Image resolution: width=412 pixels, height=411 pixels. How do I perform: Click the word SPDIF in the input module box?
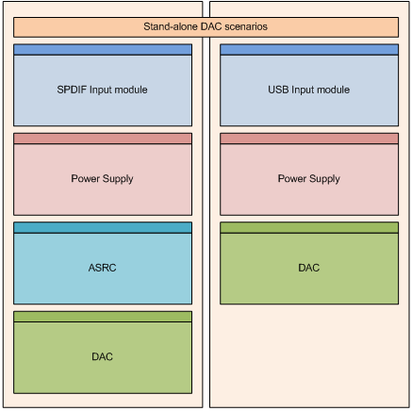tap(72, 90)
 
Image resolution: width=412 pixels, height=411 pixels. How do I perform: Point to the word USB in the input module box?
tap(278, 90)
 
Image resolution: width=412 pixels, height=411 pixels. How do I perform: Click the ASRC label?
tap(103, 268)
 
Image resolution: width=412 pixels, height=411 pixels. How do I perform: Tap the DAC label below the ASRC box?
tap(103, 356)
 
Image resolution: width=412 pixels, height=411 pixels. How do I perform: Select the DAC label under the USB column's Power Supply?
tap(309, 268)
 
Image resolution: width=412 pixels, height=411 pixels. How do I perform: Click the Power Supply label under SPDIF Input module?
tap(102, 179)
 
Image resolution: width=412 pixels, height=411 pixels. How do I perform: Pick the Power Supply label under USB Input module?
tap(309, 179)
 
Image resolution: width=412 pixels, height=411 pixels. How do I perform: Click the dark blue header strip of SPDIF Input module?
tap(103, 50)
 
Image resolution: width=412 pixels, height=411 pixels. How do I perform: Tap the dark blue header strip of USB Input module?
tap(309, 50)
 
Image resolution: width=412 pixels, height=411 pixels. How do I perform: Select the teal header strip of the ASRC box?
tap(103, 228)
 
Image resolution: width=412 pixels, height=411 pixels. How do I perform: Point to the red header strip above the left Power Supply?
tap(103, 139)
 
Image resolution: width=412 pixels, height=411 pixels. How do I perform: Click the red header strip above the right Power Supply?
tap(309, 139)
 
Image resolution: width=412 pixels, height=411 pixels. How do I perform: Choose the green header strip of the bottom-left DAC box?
tap(103, 317)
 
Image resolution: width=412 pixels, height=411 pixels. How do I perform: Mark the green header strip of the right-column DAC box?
tap(309, 228)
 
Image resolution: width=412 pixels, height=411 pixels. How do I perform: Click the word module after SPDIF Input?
tap(130, 90)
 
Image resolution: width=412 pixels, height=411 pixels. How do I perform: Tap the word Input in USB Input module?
tap(303, 90)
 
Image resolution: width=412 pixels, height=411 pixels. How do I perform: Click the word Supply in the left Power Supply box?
tap(118, 179)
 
